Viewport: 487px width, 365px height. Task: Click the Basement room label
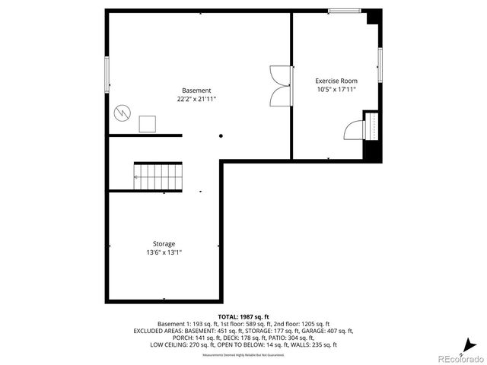point(196,90)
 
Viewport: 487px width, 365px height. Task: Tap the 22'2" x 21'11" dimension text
point(196,99)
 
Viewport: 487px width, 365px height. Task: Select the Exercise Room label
point(336,81)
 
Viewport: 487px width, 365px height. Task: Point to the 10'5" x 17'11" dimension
point(336,89)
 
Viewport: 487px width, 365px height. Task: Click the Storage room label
point(164,244)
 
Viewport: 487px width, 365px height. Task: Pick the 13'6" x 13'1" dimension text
point(164,252)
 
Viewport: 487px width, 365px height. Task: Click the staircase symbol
point(158,176)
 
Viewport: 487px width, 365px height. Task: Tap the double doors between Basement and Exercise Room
point(281,85)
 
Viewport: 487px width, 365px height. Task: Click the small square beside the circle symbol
point(148,124)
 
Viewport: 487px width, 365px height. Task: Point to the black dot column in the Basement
point(221,136)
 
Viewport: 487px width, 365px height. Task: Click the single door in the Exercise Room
point(355,129)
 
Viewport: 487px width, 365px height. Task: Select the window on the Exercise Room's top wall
point(344,11)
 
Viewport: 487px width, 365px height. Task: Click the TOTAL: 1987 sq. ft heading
point(243,316)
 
